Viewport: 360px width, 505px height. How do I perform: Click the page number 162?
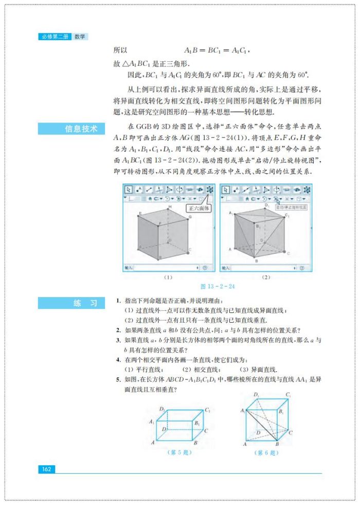tap(46, 469)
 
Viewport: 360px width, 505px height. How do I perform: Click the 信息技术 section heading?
tap(81, 129)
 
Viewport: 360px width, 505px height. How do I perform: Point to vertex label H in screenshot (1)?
tap(169, 206)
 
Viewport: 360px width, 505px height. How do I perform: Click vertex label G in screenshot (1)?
tap(190, 217)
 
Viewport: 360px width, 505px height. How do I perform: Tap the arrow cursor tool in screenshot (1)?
tap(129, 189)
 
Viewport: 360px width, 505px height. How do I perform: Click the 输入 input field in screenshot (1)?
tap(165, 268)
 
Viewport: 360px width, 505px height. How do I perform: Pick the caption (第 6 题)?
tap(266, 452)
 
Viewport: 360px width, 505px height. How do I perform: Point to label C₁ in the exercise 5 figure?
tap(208, 410)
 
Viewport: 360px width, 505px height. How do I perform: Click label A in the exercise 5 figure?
tap(153, 442)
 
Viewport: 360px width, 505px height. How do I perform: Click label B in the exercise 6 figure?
tap(278, 443)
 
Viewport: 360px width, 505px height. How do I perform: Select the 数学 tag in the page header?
tap(80, 37)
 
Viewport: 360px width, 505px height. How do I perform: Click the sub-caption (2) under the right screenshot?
tap(266, 277)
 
